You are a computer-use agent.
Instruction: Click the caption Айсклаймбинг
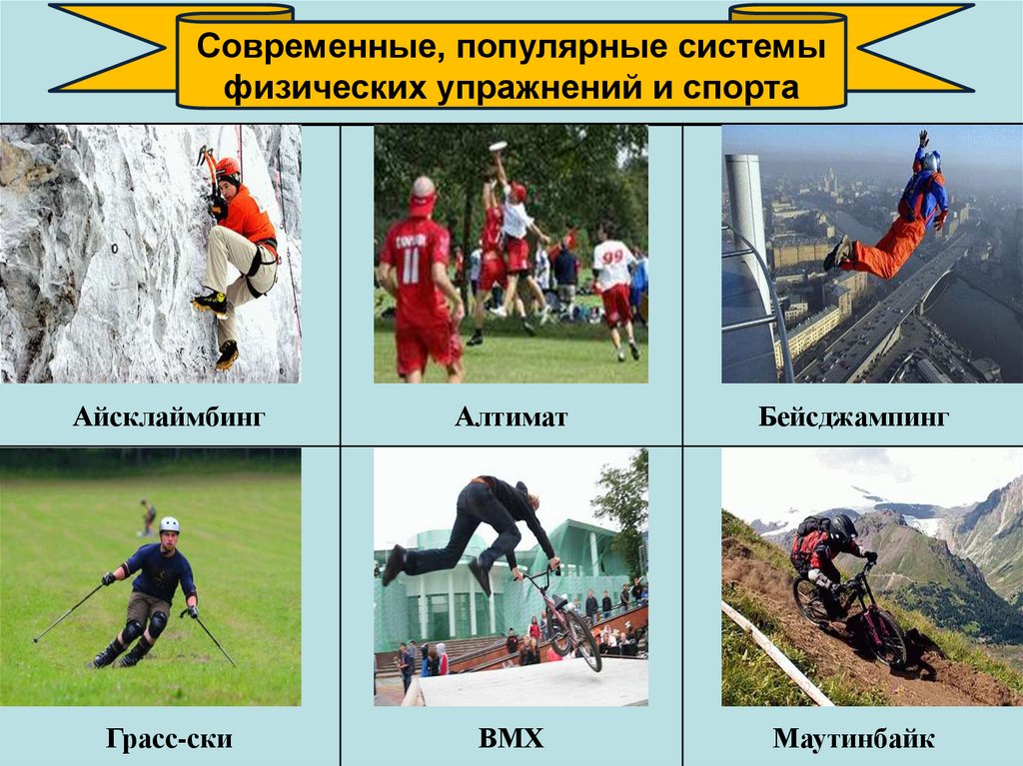(169, 416)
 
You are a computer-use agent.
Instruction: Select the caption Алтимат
(511, 416)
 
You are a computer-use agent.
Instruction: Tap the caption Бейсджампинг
(852, 416)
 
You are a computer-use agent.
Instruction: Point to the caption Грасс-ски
(169, 740)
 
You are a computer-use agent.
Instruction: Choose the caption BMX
(511, 740)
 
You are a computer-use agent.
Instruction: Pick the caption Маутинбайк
(852, 740)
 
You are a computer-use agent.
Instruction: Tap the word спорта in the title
(740, 89)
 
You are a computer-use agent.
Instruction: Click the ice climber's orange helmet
(229, 167)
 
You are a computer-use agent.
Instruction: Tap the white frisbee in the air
(497, 148)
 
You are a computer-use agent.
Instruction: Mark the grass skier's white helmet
(170, 524)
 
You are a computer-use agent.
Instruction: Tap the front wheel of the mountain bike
(887, 639)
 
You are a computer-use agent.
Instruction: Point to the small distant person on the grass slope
(148, 516)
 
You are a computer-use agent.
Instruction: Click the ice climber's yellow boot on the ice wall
(211, 302)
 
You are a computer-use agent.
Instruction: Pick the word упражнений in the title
(538, 89)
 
